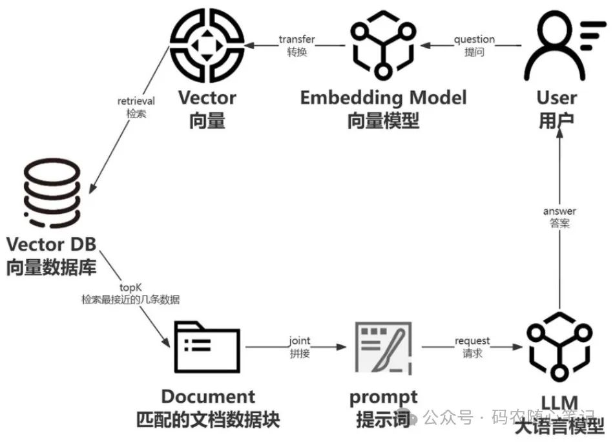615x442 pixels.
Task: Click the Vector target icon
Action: click(207, 45)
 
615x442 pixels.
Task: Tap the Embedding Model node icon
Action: click(382, 47)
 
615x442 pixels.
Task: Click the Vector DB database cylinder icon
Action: click(52, 195)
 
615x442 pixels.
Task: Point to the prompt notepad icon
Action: click(383, 347)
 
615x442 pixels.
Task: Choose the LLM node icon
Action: click(559, 349)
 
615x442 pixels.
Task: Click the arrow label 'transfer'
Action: click(297, 39)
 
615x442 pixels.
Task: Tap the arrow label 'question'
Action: click(474, 39)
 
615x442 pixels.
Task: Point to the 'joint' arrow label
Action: click(299, 341)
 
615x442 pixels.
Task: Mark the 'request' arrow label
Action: click(472, 341)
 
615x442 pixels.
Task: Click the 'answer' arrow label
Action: click(559, 211)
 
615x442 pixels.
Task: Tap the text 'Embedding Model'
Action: click(383, 98)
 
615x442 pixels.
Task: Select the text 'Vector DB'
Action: click(52, 244)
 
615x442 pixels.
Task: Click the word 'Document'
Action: click(208, 396)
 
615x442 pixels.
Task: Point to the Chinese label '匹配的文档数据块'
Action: click(208, 419)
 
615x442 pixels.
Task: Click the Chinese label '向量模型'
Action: click(383, 121)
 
